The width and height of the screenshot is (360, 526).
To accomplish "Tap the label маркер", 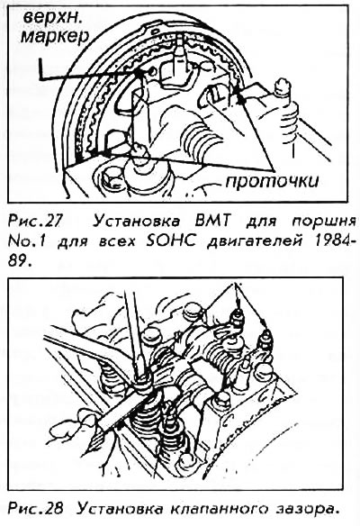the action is coord(55,36).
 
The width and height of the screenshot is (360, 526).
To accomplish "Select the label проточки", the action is coord(272,181).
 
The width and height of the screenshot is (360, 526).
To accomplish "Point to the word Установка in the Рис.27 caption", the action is coord(137,222).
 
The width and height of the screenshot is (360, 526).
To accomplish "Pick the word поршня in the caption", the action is coord(322,222).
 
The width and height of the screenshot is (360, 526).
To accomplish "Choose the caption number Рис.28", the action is coord(35,509).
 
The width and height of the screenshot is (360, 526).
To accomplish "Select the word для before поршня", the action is coord(263,222).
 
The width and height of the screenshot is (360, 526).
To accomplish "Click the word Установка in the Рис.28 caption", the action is coord(119,509).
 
